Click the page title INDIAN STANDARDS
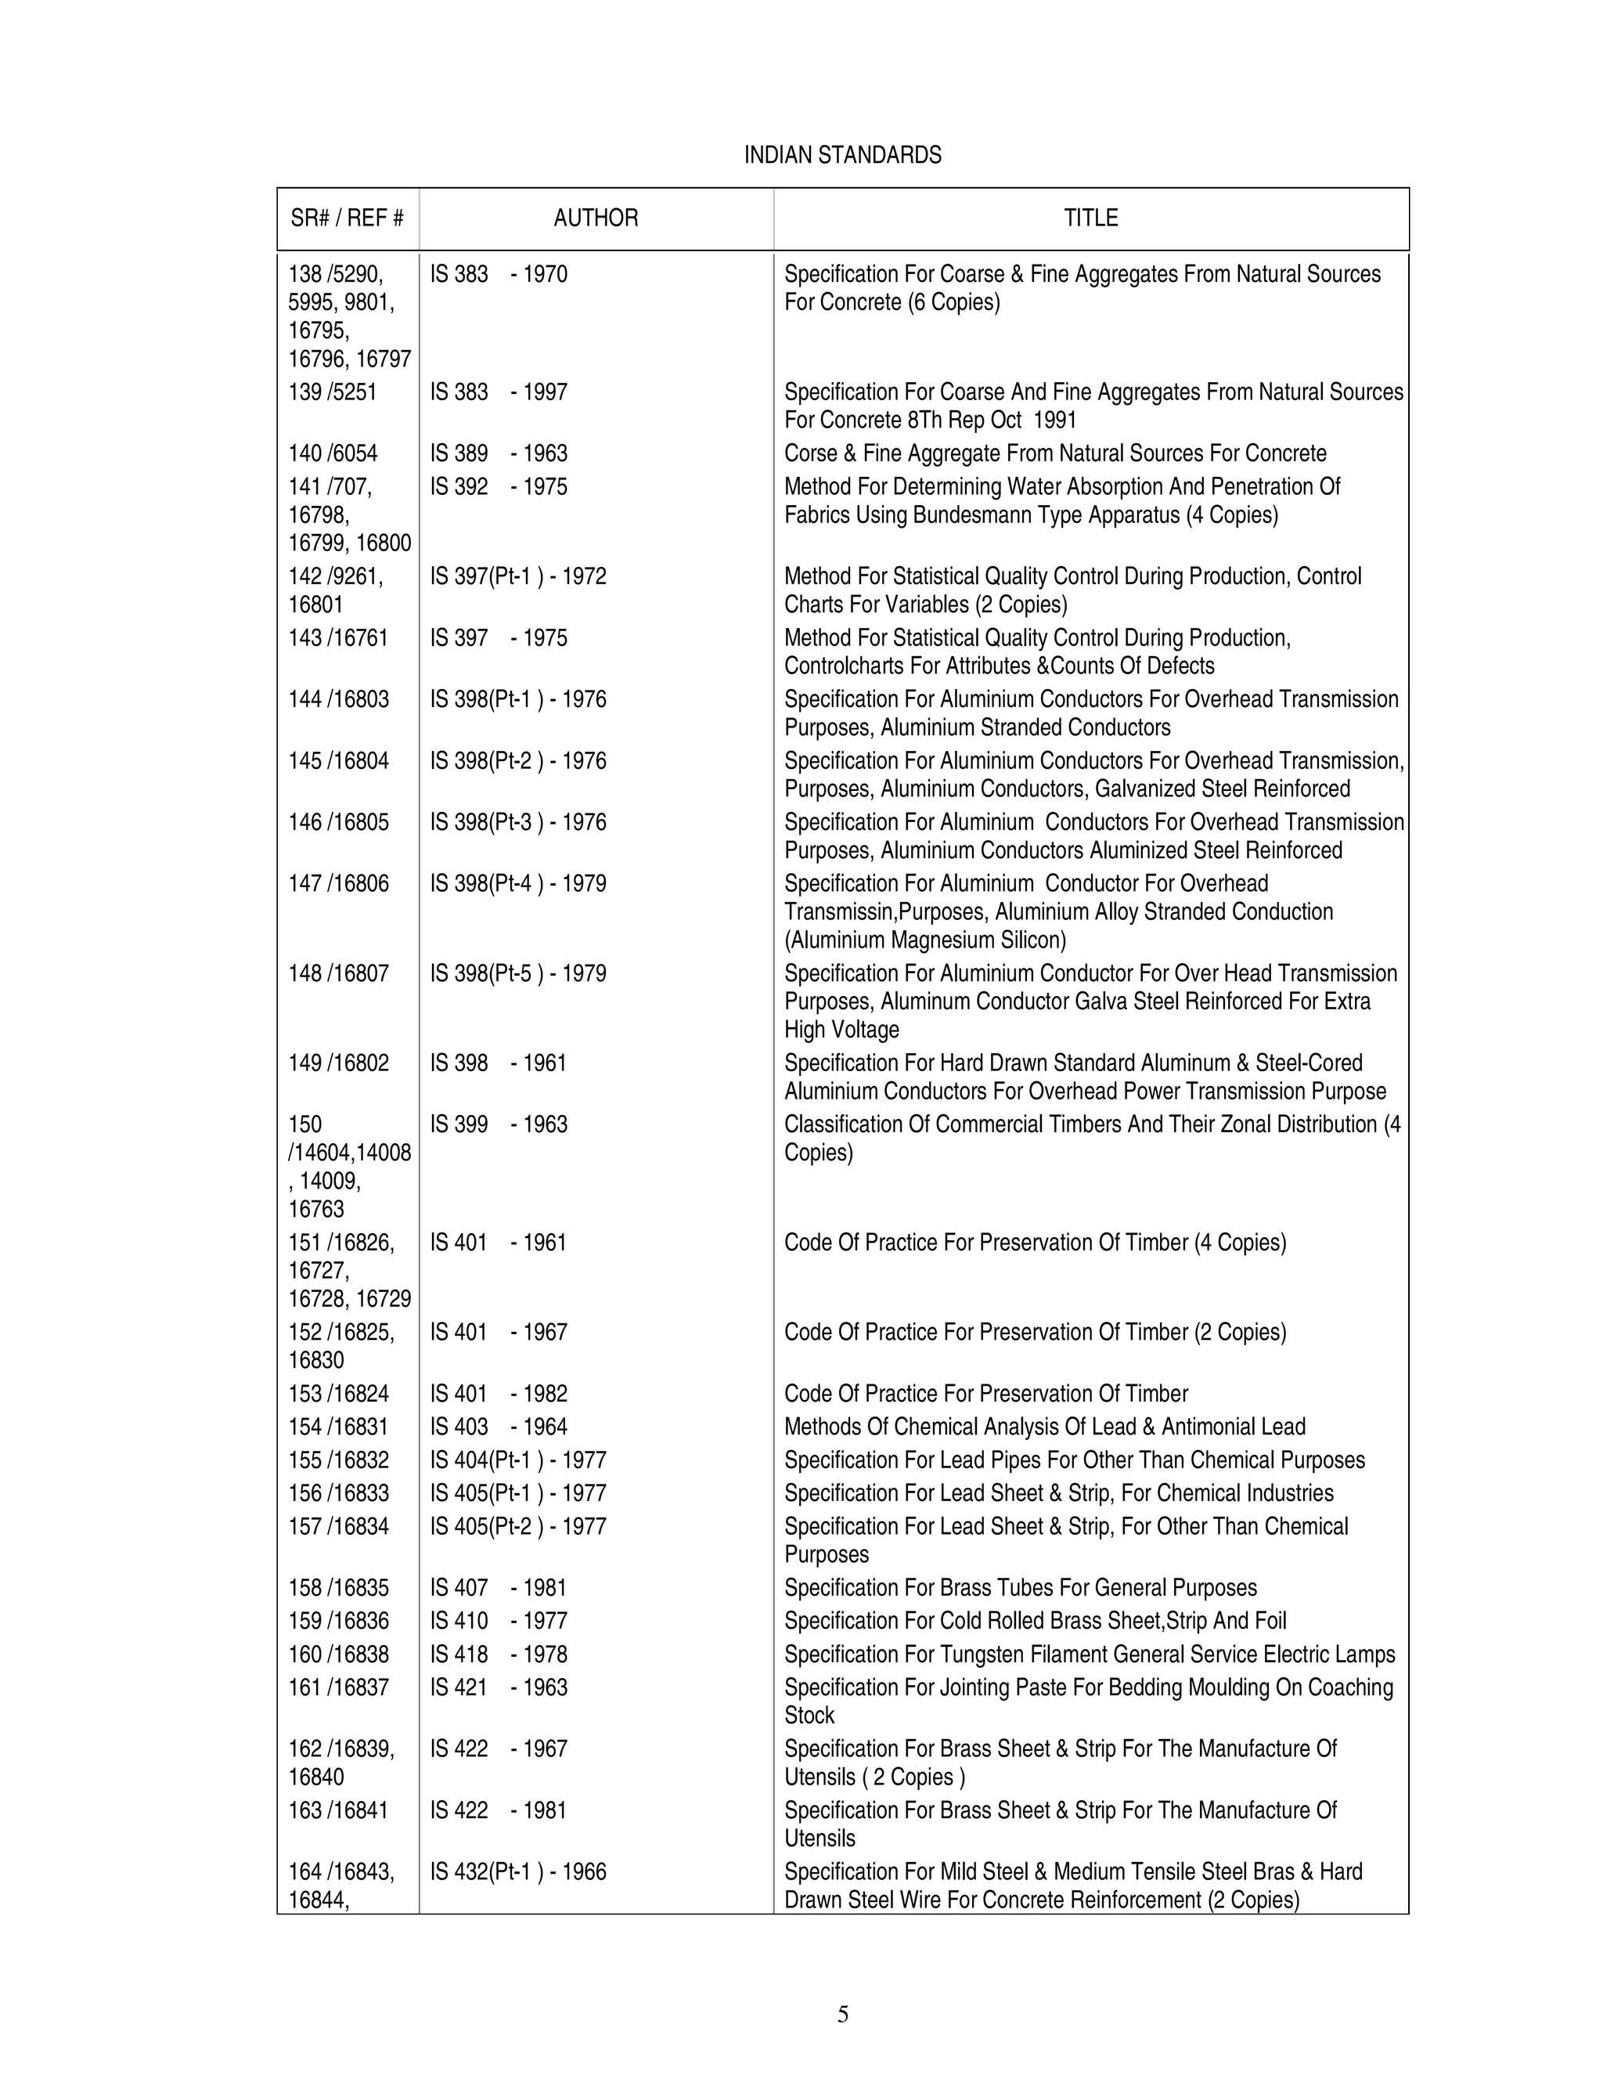(842, 155)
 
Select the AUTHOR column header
(596, 218)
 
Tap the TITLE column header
(1090, 218)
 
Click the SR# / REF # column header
(347, 218)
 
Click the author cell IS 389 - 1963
(499, 454)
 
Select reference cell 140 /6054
(333, 454)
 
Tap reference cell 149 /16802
(338, 1063)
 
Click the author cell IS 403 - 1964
(499, 1427)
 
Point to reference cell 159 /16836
(338, 1622)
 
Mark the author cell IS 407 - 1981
(499, 1589)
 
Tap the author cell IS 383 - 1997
(499, 392)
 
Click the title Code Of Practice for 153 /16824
(985, 1394)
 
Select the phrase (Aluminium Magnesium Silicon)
(925, 940)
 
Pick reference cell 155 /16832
(338, 1460)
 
